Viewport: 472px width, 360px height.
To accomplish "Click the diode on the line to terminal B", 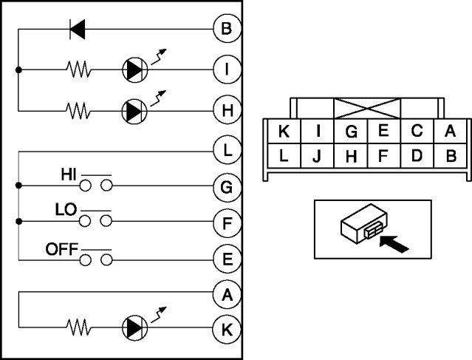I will pyautogui.click(x=78, y=30).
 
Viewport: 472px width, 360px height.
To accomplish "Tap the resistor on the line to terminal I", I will pyautogui.click(x=78, y=70).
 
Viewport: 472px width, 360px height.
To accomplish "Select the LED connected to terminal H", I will pyautogui.click(x=135, y=111).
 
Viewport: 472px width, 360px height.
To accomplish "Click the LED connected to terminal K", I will pyautogui.click(x=135, y=326).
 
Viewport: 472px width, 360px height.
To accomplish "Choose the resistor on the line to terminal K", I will pyautogui.click(x=78, y=326).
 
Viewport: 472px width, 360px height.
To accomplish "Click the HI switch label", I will pyautogui.click(x=69, y=176).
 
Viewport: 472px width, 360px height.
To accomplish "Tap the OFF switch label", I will pyautogui.click(x=61, y=249).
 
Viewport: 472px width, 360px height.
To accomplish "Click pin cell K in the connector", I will pyautogui.click(x=283, y=132).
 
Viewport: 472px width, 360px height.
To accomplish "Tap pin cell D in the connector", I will pyautogui.click(x=417, y=157).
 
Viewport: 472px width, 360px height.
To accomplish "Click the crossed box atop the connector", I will pyautogui.click(x=367, y=108).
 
